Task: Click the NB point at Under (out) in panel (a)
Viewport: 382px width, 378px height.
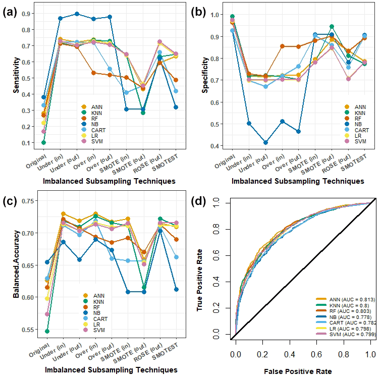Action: tap(77, 14)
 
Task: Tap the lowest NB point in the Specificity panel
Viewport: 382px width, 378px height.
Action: tap(265, 143)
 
